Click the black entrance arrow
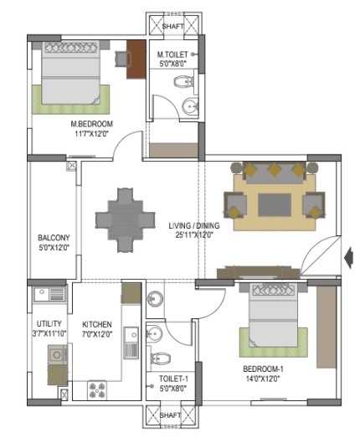(x=348, y=259)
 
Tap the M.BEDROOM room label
(x=91, y=124)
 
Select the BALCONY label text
(x=54, y=238)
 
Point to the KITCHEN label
(x=97, y=324)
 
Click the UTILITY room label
(x=49, y=324)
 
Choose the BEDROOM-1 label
(x=263, y=369)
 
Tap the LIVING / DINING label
(x=194, y=225)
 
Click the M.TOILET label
(x=172, y=54)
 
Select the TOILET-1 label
(x=173, y=379)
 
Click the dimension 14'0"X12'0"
(x=263, y=379)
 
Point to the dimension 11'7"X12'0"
(x=91, y=134)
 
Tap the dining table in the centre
(x=125, y=220)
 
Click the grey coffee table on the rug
(x=275, y=205)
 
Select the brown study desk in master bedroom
(x=136, y=59)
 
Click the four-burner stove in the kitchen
(x=97, y=390)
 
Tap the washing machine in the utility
(x=57, y=355)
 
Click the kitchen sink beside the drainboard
(x=131, y=335)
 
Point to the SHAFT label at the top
(x=173, y=26)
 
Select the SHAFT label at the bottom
(x=170, y=415)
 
